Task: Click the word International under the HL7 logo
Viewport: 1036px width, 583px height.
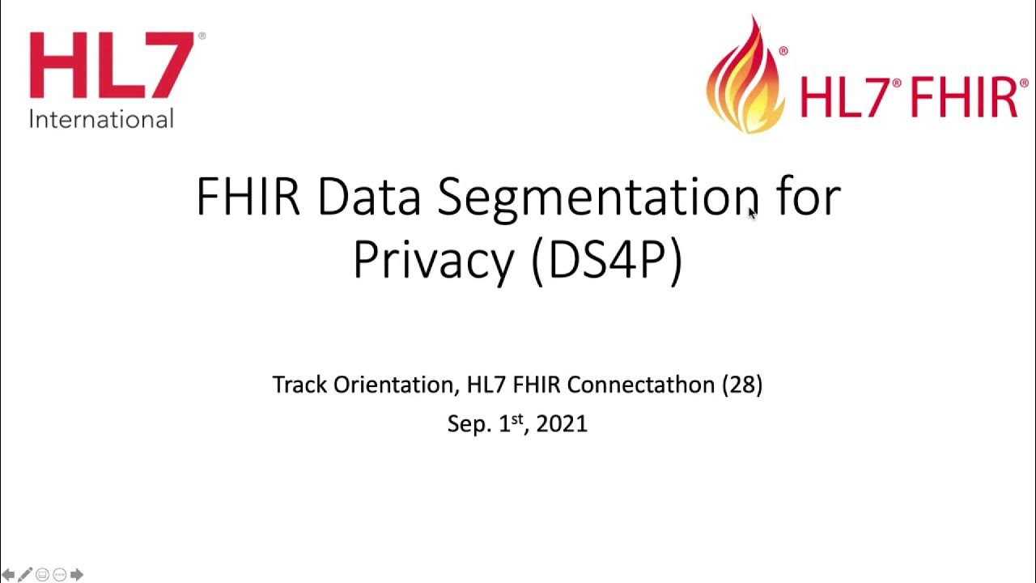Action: click(x=101, y=119)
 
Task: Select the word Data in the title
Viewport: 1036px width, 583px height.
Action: click(x=368, y=197)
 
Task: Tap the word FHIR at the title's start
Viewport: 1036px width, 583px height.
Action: click(x=248, y=197)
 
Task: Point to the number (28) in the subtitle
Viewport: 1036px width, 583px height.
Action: click(x=741, y=385)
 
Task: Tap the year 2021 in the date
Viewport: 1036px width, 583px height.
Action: click(x=561, y=423)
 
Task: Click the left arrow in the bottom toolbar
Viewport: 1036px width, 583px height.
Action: click(x=10, y=575)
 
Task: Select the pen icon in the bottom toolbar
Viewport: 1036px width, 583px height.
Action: click(x=26, y=575)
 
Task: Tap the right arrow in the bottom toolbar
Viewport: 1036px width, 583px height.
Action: click(x=77, y=575)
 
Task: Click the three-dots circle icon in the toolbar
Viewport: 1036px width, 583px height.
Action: click(x=59, y=575)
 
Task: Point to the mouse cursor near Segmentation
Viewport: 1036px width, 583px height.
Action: click(x=752, y=212)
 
